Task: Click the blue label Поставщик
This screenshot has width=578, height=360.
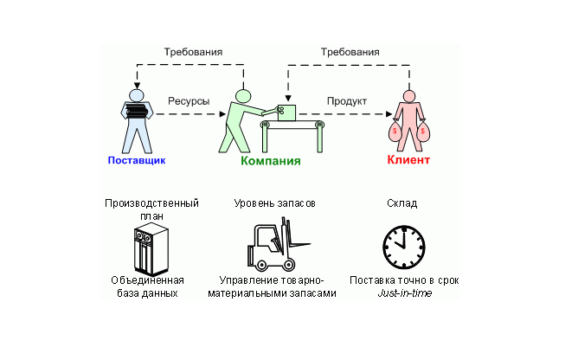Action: (137, 160)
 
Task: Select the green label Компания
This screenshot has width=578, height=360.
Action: (271, 161)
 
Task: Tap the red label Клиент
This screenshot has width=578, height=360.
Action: (408, 160)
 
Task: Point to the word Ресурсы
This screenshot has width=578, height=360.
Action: (189, 101)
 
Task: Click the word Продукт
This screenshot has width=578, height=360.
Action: (347, 101)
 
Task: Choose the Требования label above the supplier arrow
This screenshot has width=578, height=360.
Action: (193, 52)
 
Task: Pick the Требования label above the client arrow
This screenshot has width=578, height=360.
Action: (350, 52)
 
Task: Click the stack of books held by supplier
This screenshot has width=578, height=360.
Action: (137, 111)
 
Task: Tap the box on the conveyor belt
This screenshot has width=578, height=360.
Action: (286, 112)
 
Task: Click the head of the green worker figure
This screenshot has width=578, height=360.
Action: (243, 96)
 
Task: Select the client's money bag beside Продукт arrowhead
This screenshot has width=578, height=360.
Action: (395, 132)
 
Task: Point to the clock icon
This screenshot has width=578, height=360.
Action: (404, 247)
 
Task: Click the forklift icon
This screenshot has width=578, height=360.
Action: (279, 244)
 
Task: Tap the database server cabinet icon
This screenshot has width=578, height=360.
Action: (151, 248)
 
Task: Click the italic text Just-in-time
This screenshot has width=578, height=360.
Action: (404, 293)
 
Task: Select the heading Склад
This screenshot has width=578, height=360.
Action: (401, 203)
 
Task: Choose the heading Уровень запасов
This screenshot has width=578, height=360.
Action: (274, 203)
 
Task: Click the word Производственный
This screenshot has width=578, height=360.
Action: (151, 203)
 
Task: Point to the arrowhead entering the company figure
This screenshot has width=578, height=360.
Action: (222, 114)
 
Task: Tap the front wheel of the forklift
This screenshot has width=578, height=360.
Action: (288, 264)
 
